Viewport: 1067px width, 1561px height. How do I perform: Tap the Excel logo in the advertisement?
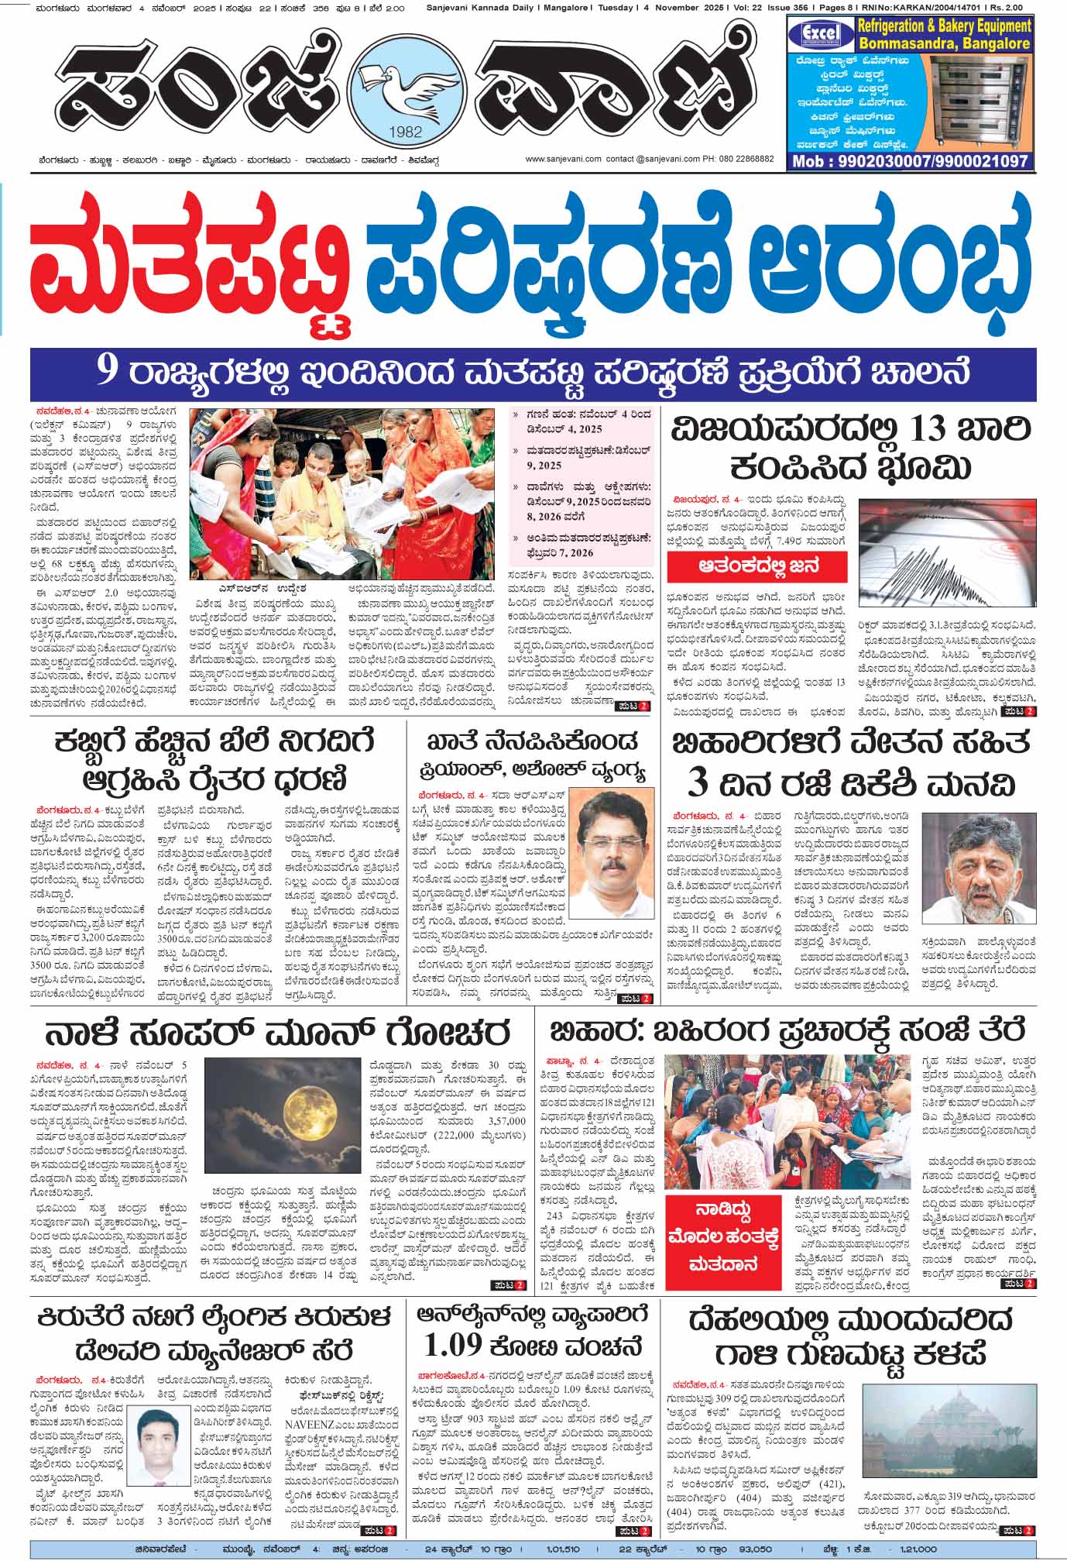click(818, 35)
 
